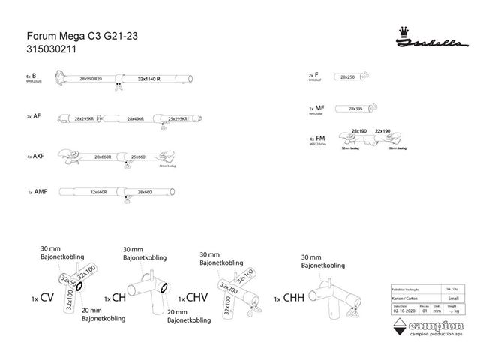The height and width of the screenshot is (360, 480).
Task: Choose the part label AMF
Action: click(x=42, y=193)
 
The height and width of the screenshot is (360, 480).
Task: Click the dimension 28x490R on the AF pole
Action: click(x=136, y=119)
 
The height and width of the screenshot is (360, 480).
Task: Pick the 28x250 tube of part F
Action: click(x=348, y=77)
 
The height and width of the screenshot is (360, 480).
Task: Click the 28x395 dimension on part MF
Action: click(x=357, y=109)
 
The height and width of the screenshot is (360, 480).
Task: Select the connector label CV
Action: click(x=46, y=298)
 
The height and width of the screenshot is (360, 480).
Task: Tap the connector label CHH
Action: click(x=295, y=298)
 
